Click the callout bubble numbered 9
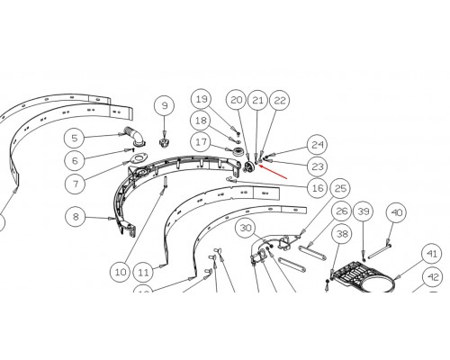pos(165,106)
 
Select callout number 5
pos(75,138)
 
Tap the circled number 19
pos(202,99)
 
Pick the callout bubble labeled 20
pos(237,100)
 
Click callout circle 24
pos(318,145)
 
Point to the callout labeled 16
pos(318,188)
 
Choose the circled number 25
pos(340,188)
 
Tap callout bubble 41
pos(432,255)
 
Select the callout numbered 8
pos(76,216)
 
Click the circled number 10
pos(121,272)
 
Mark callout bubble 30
pos(246,229)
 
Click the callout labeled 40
pos(397,212)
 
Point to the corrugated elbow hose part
pos(134,137)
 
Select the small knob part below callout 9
pos(164,142)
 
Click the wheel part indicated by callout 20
pos(249,167)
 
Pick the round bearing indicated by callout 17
pos(238,150)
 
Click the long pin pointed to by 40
pos(379,251)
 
